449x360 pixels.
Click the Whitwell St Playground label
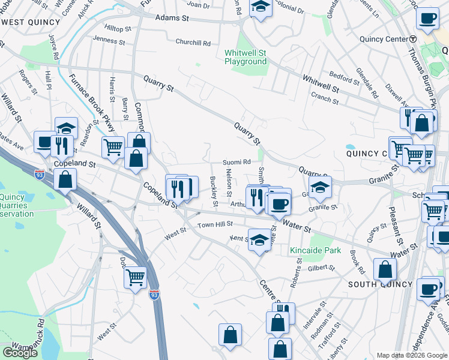click(245, 57)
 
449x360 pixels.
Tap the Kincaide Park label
click(315, 250)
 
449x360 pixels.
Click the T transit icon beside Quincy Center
click(413, 39)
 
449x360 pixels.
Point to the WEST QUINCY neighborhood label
click(31, 22)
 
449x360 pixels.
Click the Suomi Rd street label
click(237, 162)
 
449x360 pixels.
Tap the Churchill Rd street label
click(193, 43)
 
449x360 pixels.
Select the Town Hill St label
click(215, 224)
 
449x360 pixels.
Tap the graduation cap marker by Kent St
click(259, 241)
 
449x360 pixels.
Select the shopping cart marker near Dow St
click(136, 277)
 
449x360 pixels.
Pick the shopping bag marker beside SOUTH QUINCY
click(385, 270)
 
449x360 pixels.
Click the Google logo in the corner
click(20, 352)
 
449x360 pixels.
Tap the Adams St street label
click(172, 19)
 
